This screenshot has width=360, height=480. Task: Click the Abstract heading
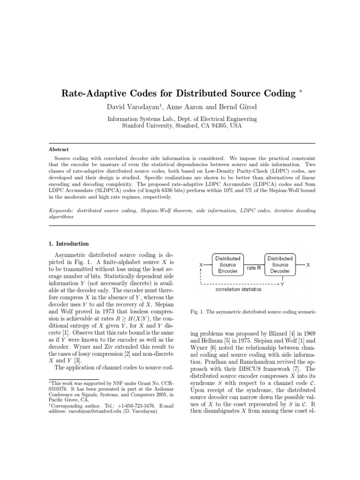click(59, 150)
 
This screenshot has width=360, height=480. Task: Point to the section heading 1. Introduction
click(69, 244)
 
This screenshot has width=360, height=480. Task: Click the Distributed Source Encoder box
click(228, 264)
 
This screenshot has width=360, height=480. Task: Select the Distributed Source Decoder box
click(280, 264)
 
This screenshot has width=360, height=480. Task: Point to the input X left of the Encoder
click(201, 265)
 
